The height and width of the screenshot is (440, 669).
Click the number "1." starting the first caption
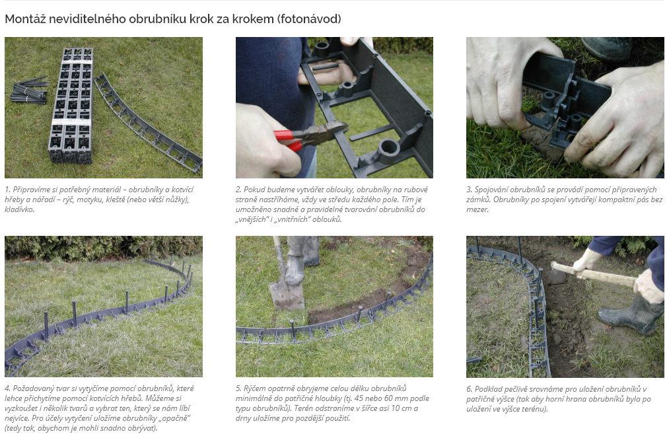pyautogui.click(x=8, y=190)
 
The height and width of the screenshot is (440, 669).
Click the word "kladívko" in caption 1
pyautogui.click(x=19, y=209)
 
